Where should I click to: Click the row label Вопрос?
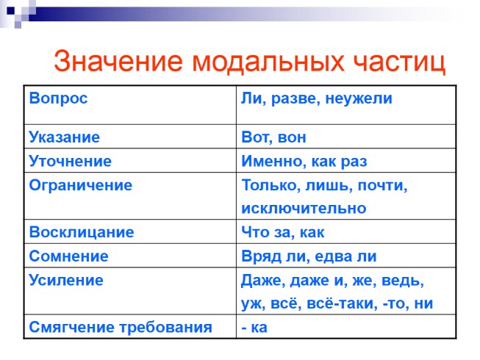[x=58, y=98]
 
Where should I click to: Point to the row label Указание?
[x=64, y=137]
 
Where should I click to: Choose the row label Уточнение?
[x=71, y=161]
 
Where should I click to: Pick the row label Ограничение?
[x=80, y=185]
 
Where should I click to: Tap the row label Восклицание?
[x=82, y=232]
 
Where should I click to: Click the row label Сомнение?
[x=68, y=256]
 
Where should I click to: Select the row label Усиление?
[x=66, y=280]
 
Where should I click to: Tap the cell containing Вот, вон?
[x=273, y=137]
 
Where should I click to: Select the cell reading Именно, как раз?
[x=304, y=161]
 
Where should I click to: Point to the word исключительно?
[x=304, y=209]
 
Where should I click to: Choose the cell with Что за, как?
[x=282, y=232]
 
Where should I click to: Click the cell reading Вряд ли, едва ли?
[x=309, y=256]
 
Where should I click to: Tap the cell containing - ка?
[x=254, y=327]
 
